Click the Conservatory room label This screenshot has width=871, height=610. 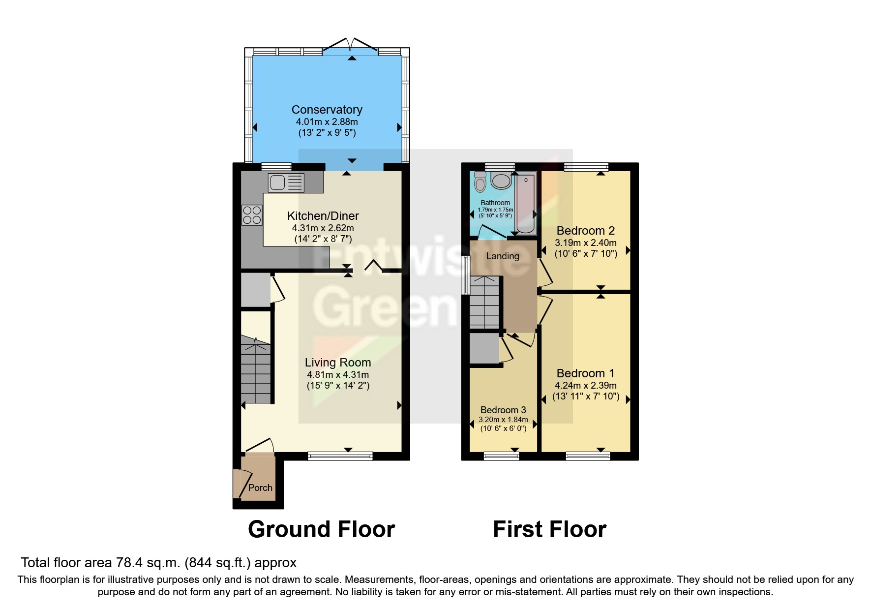click(x=327, y=110)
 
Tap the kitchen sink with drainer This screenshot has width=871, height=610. click(x=286, y=183)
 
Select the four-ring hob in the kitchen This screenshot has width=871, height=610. click(x=252, y=215)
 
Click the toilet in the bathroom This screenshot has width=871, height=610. click(x=480, y=183)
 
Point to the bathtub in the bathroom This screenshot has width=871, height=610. click(x=525, y=203)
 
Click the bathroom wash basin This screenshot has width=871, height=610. click(x=501, y=181)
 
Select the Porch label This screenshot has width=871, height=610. click(x=260, y=488)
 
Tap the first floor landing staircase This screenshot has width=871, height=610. click(x=485, y=303)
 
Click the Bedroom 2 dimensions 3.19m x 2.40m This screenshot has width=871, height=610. click(x=585, y=243)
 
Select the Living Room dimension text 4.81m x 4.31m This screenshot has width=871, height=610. click(x=338, y=374)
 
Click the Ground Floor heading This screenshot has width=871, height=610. click(x=321, y=529)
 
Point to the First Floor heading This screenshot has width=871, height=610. click(x=549, y=529)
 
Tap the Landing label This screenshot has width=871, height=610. click(x=502, y=256)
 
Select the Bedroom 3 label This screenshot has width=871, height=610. click(x=503, y=410)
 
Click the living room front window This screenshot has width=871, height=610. click(x=340, y=457)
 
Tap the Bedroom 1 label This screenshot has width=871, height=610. click(x=585, y=373)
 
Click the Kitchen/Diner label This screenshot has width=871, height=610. click(x=323, y=215)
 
